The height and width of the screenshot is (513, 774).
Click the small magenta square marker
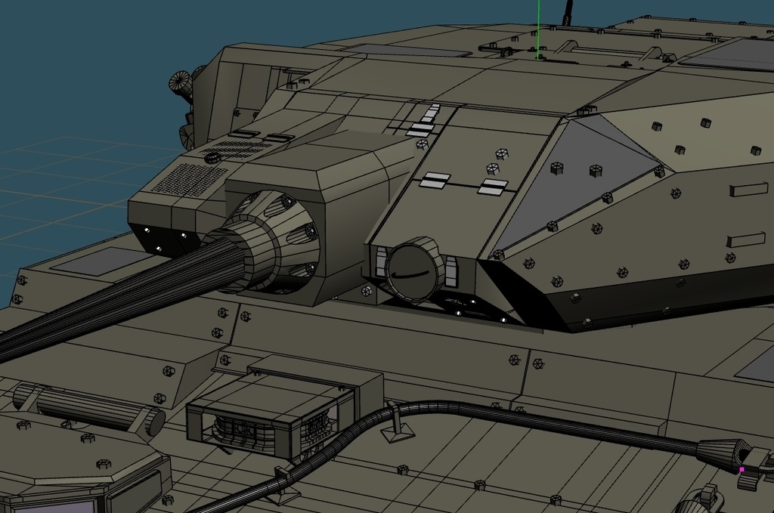(741, 469)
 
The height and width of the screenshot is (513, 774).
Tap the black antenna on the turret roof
(567, 12)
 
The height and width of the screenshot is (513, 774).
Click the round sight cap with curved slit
(414, 268)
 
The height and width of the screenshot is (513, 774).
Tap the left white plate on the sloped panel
(435, 180)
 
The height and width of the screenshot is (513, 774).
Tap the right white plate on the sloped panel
(493, 187)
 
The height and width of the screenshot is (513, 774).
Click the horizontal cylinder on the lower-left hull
(91, 408)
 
